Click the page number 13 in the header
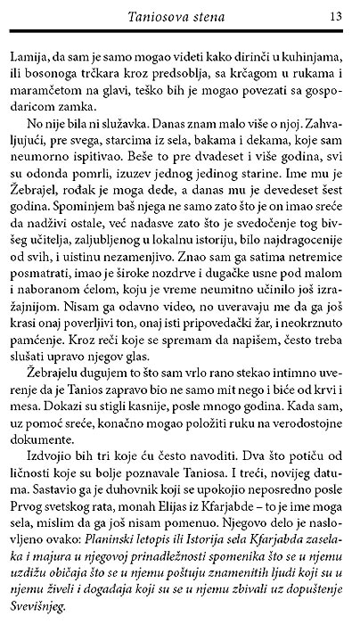click(337, 15)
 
